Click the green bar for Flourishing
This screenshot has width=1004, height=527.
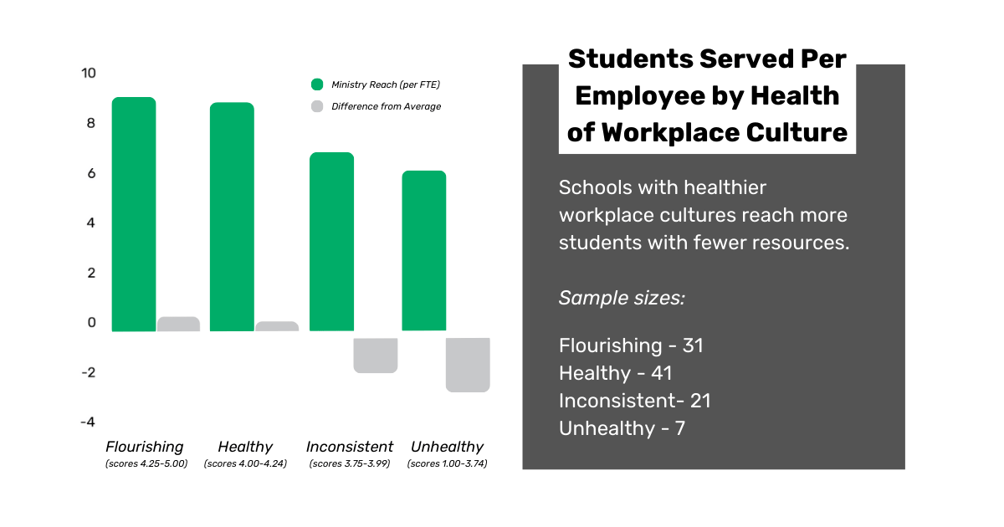(134, 214)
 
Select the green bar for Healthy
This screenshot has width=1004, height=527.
(232, 217)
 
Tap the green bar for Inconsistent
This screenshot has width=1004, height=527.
(331, 242)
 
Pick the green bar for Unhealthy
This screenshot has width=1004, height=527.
(423, 251)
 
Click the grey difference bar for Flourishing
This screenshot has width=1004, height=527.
(178, 324)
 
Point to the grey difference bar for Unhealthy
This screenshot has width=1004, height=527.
(468, 365)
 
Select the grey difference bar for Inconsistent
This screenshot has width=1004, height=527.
(375, 356)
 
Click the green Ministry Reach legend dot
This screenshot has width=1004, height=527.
(317, 84)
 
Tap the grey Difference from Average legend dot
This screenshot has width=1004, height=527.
(317, 106)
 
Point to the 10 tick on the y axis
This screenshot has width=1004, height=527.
(89, 74)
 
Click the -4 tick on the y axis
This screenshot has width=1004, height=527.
(88, 422)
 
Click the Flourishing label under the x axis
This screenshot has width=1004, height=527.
(145, 447)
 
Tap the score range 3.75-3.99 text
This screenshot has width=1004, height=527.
(349, 463)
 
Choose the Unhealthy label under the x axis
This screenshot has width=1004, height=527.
(447, 447)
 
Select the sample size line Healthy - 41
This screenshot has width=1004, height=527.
(615, 373)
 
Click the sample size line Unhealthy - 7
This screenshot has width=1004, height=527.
(622, 428)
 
